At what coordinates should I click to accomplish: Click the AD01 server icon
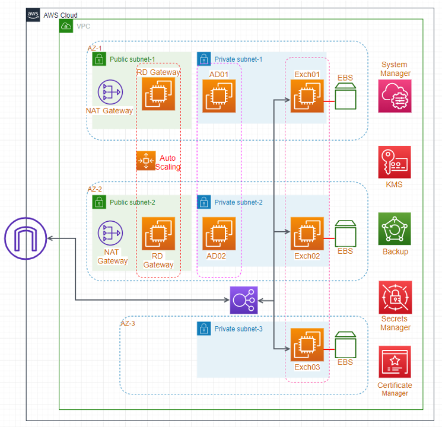[219, 95]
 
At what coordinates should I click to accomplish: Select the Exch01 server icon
[307, 95]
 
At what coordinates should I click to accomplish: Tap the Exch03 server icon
[307, 345]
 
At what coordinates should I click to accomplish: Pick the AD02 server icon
[219, 233]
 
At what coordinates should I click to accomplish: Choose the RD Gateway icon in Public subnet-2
[158, 233]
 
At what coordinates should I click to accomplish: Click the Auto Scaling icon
[145, 161]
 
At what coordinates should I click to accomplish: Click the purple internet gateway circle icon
[26, 238]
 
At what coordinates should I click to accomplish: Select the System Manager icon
[395, 96]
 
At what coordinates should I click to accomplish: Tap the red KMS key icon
[395, 162]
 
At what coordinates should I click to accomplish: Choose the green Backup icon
[395, 229]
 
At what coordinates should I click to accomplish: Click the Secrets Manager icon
[395, 298]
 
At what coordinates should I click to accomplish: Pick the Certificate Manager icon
[395, 362]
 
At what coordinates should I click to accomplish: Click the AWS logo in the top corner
[34, 15]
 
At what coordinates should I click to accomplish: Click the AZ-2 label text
[96, 189]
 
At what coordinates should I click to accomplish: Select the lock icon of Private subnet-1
[203, 59]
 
